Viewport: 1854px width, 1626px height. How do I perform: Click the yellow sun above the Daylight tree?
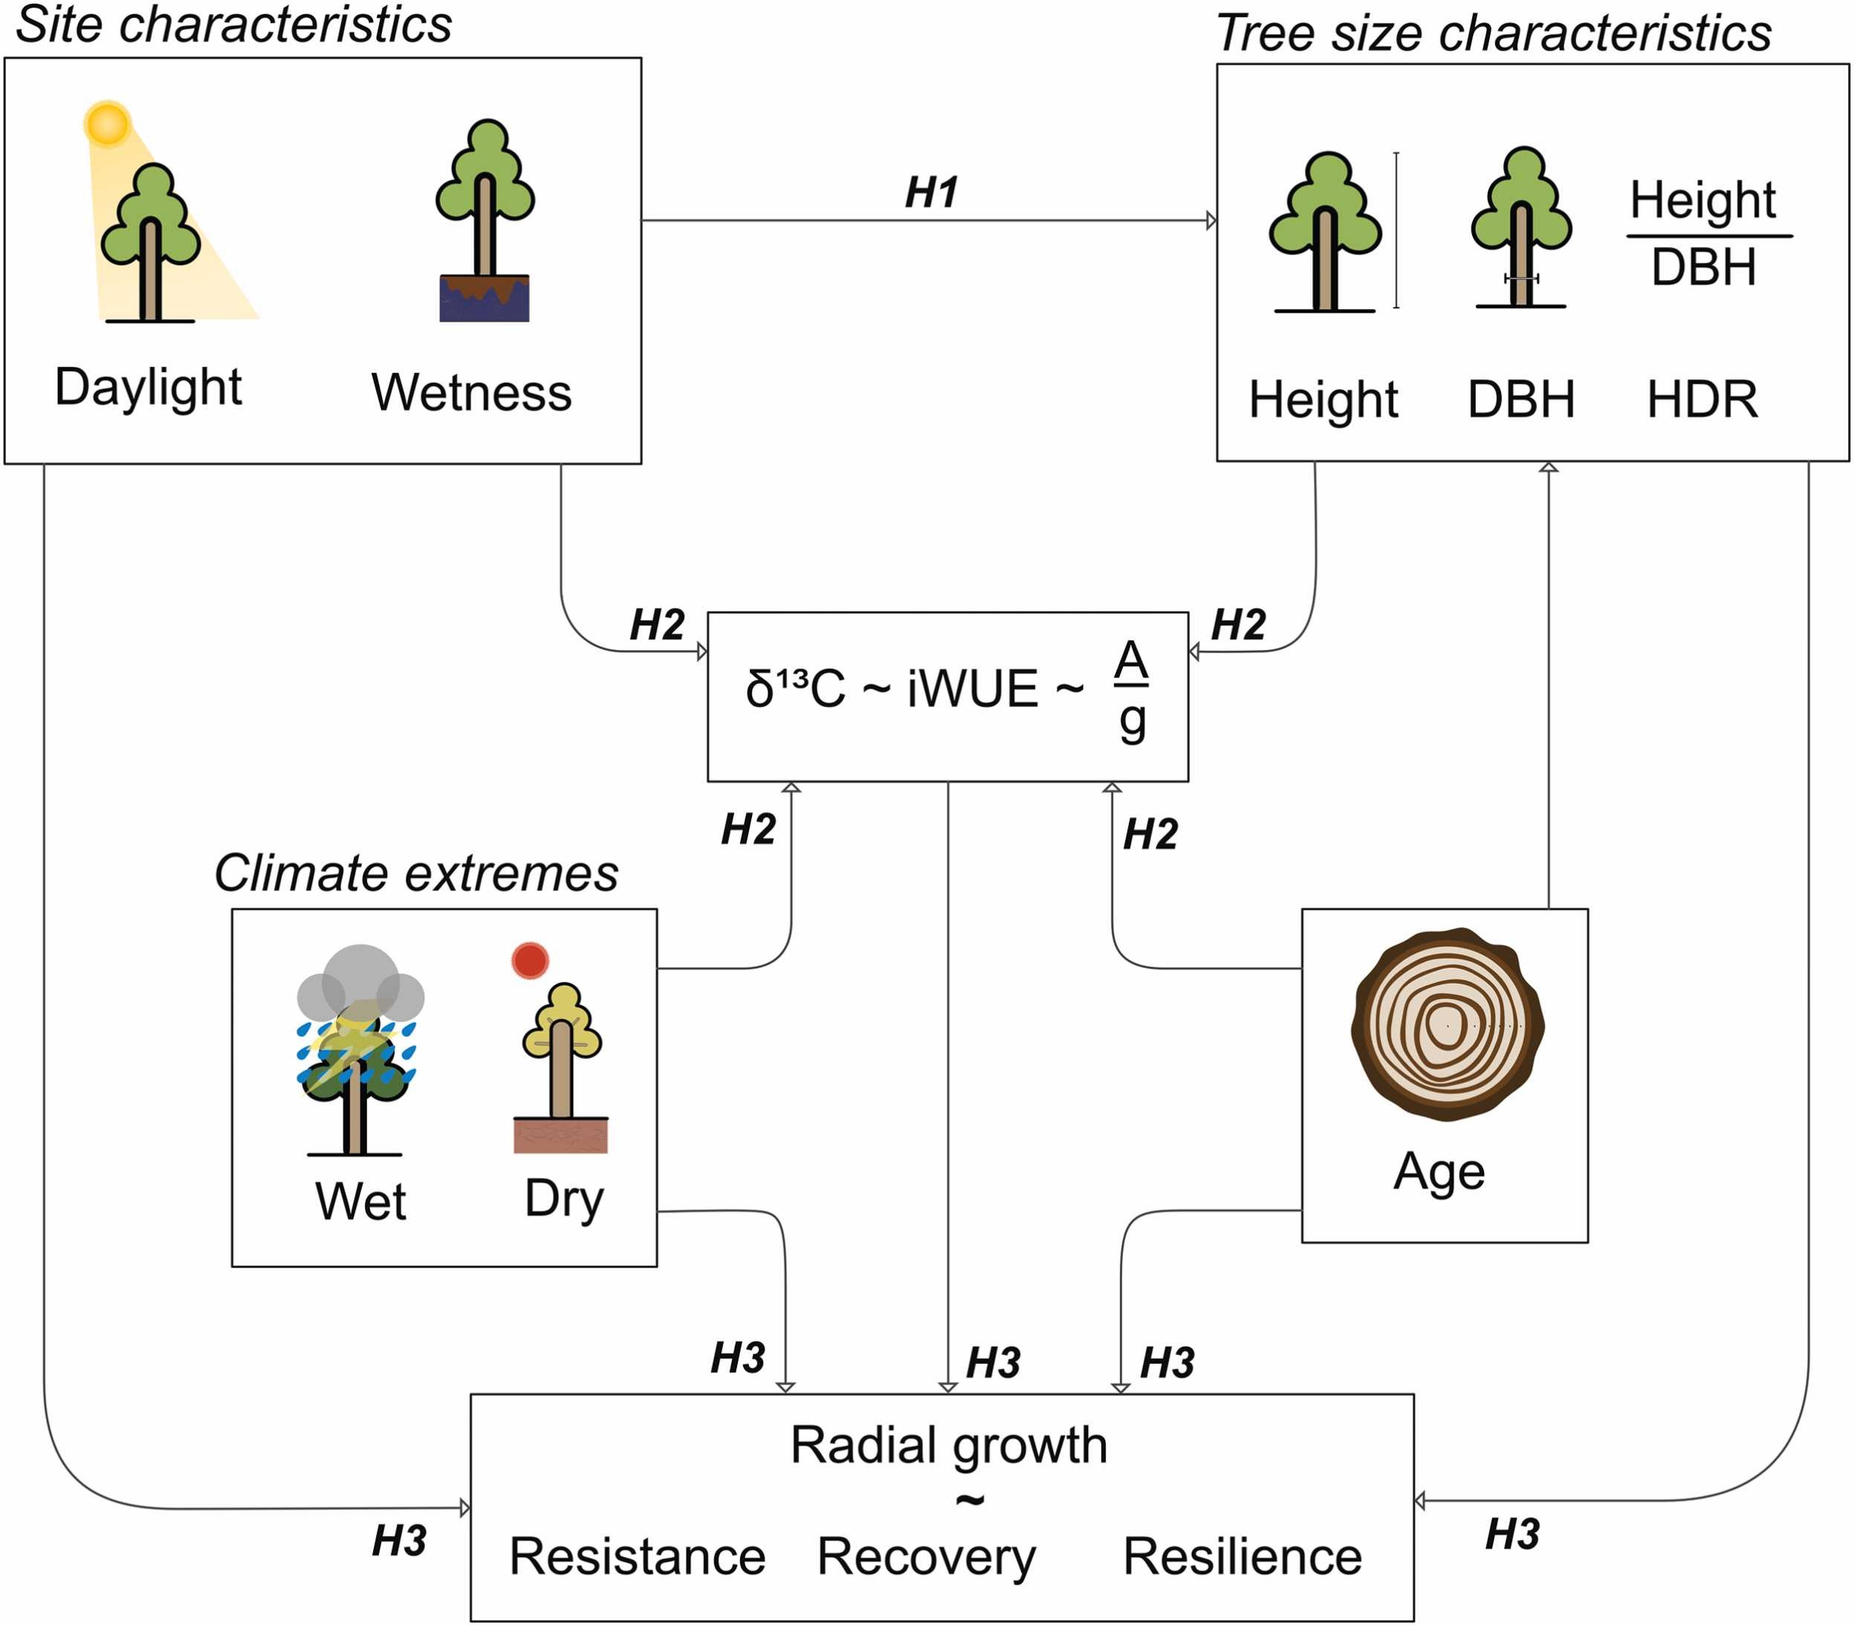click(107, 123)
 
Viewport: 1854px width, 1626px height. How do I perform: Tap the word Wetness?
click(471, 393)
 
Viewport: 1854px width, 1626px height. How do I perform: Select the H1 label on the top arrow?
click(932, 192)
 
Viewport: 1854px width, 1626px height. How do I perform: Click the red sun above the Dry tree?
click(530, 960)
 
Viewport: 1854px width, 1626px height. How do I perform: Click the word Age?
click(1439, 1171)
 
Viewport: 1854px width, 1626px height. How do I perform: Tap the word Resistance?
click(637, 1556)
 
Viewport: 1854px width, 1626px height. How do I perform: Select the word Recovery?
click(925, 1556)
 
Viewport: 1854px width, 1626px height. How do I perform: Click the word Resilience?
click(1242, 1556)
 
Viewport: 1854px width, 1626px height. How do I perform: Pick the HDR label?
click(1702, 399)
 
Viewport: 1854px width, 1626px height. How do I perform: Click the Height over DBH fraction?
click(1703, 234)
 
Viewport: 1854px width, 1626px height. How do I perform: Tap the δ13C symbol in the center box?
click(794, 689)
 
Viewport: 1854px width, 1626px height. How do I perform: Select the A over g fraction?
click(1131, 691)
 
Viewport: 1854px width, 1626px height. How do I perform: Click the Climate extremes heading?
click(416, 874)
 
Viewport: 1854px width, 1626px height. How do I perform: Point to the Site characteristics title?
click(234, 25)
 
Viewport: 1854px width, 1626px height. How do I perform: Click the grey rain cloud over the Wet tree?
click(361, 984)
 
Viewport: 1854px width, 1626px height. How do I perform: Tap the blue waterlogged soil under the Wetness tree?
click(484, 300)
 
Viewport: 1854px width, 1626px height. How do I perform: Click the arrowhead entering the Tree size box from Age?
click(1549, 468)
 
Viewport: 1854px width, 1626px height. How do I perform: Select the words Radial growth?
click(949, 1445)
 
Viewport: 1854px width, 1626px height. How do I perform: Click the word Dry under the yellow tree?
click(563, 1199)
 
